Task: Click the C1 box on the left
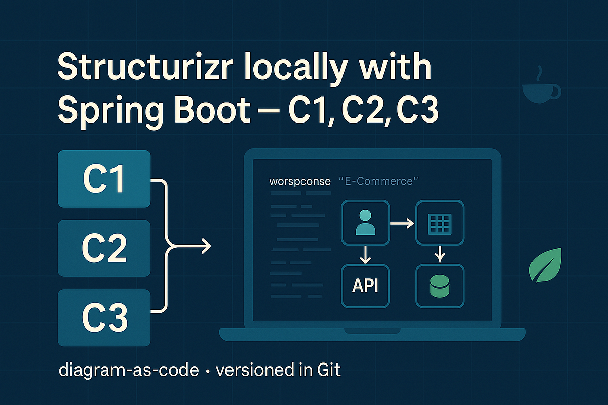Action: pos(104,179)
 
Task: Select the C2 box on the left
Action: pos(104,248)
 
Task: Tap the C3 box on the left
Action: pos(104,317)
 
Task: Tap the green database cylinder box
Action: pos(439,286)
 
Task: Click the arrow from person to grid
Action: pos(402,223)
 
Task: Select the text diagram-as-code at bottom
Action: pos(129,370)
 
